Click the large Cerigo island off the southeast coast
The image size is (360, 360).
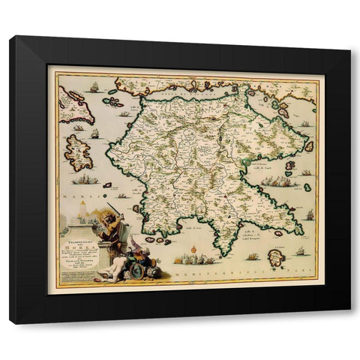click(279, 259)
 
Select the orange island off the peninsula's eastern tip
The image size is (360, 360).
click(307, 147)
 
